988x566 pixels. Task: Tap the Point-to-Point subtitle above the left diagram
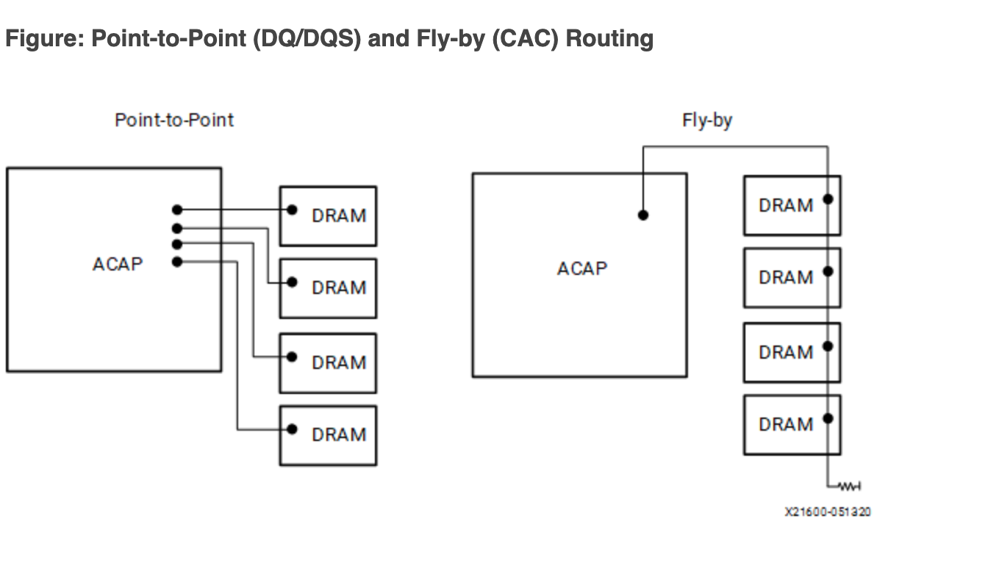[174, 120]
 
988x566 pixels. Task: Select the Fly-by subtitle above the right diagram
[707, 121]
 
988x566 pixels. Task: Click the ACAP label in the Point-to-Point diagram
[118, 264]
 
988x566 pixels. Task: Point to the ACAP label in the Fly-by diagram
[582, 268]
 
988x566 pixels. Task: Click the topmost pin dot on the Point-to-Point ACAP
[177, 209]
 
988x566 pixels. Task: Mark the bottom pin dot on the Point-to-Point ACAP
[177, 262]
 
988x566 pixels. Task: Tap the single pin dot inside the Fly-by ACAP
[643, 215]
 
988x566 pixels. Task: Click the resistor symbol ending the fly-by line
[849, 487]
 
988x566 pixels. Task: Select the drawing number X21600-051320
[828, 512]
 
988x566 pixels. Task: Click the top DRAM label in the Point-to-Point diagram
[339, 215]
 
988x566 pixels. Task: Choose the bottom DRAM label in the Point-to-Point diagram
[339, 435]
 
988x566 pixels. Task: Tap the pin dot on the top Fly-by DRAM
[828, 199]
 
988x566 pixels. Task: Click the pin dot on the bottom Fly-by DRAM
[828, 418]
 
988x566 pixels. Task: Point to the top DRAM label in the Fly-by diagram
[786, 206]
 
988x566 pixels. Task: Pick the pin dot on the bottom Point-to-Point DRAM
[292, 429]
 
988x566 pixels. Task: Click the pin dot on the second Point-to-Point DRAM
[292, 282]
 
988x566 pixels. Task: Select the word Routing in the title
[609, 39]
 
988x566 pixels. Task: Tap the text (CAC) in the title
[525, 39]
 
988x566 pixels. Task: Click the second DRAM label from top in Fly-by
[786, 277]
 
